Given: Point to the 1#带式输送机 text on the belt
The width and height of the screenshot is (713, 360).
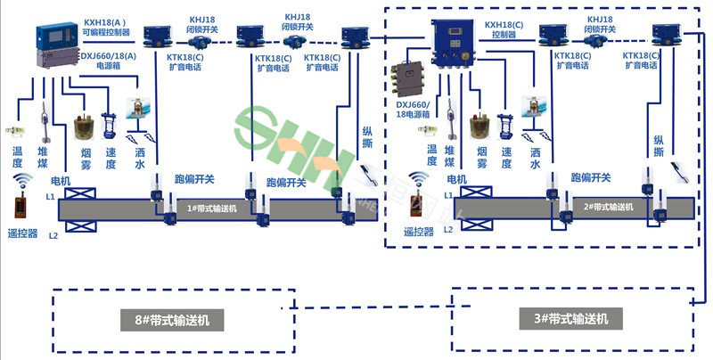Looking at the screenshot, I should [x=211, y=209].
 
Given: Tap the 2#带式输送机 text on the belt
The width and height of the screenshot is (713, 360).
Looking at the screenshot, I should [x=608, y=207].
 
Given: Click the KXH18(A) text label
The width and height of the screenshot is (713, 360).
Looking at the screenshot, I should [x=103, y=20].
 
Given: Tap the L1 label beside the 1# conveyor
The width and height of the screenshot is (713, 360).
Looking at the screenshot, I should [x=51, y=195].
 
